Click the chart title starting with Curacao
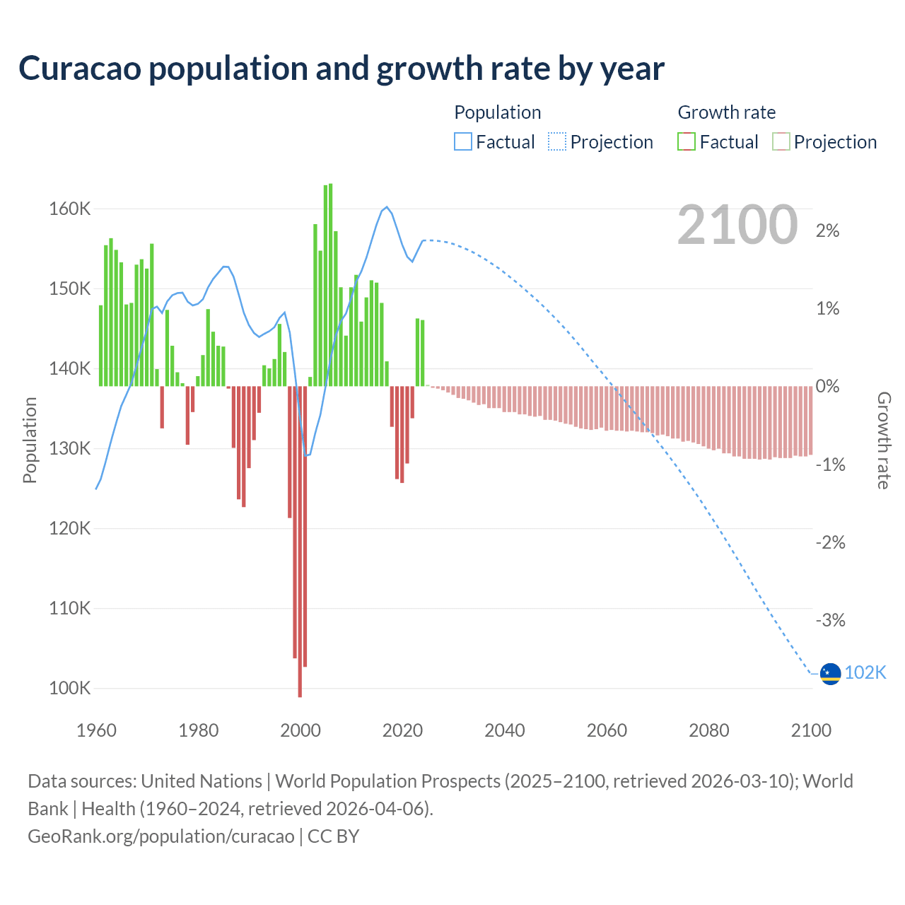tap(341, 69)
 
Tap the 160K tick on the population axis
tap(69, 209)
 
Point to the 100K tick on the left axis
tap(69, 688)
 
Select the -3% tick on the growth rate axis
tap(828, 620)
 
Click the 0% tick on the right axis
tap(827, 387)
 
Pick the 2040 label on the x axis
tap(504, 730)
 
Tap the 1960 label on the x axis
tap(96, 730)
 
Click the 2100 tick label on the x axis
tap(811, 730)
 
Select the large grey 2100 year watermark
tap(737, 225)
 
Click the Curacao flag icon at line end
tap(830, 674)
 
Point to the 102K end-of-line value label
tap(865, 672)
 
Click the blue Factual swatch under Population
tap(462, 142)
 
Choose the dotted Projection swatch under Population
tap(557, 142)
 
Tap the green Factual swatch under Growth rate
tap(687, 142)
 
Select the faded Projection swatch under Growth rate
tap(781, 142)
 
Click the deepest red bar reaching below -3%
tap(300, 541)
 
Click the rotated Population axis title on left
tap(30, 440)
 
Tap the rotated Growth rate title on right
tap(884, 440)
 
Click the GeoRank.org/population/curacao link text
tap(161, 836)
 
